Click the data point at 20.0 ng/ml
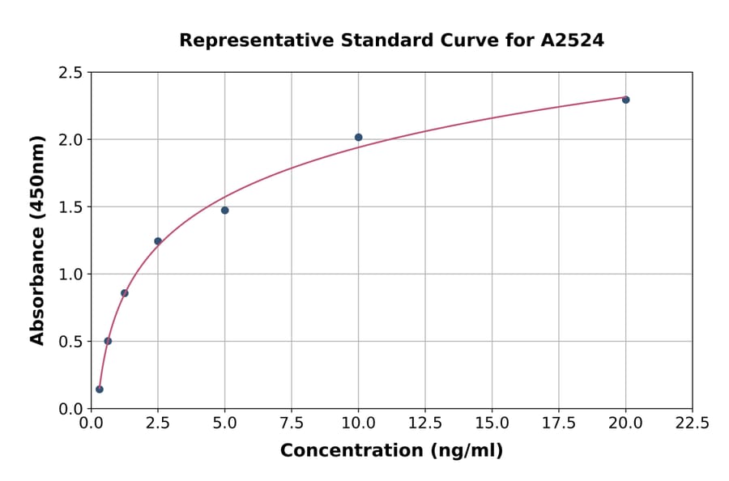pyautogui.click(x=625, y=100)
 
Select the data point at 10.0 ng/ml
pyautogui.click(x=358, y=138)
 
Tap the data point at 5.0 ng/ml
pyautogui.click(x=224, y=211)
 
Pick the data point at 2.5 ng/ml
pyautogui.click(x=158, y=241)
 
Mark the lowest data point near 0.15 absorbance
pyautogui.click(x=100, y=389)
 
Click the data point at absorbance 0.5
pyautogui.click(x=108, y=341)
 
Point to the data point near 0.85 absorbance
pyautogui.click(x=124, y=293)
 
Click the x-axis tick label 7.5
pyautogui.click(x=292, y=424)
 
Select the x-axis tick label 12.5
pyautogui.click(x=425, y=424)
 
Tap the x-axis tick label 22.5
pyautogui.click(x=693, y=424)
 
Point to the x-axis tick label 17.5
pyautogui.click(x=559, y=424)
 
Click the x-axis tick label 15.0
pyautogui.click(x=492, y=424)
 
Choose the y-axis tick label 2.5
pyautogui.click(x=71, y=73)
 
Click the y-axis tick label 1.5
pyautogui.click(x=71, y=207)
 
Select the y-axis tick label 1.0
pyautogui.click(x=71, y=275)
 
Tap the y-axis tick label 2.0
pyautogui.click(x=71, y=140)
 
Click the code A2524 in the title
pyautogui.click(x=572, y=40)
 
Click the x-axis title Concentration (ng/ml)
pyautogui.click(x=391, y=451)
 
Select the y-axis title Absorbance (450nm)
pyautogui.click(x=37, y=240)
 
